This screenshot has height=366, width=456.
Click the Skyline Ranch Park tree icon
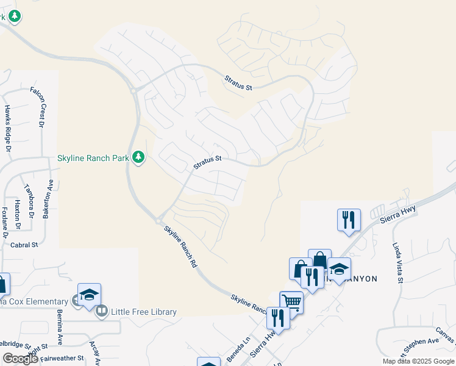(139, 158)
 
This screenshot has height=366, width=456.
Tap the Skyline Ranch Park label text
(93, 158)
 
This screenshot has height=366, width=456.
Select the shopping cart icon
(291, 302)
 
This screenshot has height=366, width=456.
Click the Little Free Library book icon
(101, 312)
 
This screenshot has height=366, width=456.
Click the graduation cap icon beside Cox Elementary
(89, 295)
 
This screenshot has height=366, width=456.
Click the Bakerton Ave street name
(48, 199)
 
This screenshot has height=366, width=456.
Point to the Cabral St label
(24, 245)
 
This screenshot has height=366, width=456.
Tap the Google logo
(20, 359)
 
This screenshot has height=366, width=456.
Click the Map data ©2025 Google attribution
(418, 361)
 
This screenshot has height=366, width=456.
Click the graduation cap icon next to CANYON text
(339, 268)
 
